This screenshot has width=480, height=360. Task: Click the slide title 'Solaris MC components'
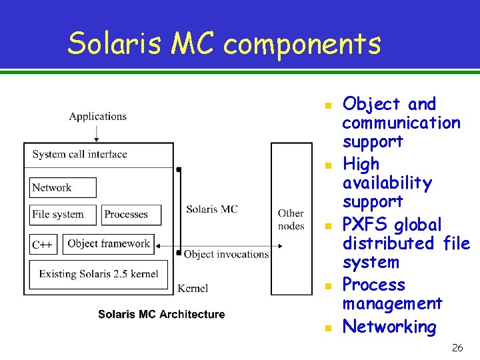[224, 44]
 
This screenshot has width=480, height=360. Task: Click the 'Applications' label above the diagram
[97, 116]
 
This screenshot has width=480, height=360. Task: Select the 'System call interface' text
[79, 154]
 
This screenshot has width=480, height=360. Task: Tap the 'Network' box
[63, 187]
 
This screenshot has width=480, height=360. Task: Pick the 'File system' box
[63, 215]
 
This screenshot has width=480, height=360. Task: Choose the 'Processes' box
[131, 215]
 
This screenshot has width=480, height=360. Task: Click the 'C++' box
[43, 245]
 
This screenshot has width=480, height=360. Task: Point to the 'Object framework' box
[110, 244]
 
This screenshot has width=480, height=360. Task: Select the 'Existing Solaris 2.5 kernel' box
[99, 274]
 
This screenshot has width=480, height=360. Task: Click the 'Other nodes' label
[291, 219]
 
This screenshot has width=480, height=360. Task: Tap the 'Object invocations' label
[226, 254]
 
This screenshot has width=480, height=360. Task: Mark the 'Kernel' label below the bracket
[193, 288]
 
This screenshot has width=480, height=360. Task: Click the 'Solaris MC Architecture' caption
[161, 314]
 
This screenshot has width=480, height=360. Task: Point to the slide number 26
[457, 348]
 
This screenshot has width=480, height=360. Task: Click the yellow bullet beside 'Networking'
[327, 328]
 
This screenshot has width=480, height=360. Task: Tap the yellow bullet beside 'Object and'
[327, 105]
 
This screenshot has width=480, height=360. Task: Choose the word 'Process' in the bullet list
[373, 285]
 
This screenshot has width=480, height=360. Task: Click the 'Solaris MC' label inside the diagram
[211, 209]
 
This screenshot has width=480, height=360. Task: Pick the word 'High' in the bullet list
[361, 164]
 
